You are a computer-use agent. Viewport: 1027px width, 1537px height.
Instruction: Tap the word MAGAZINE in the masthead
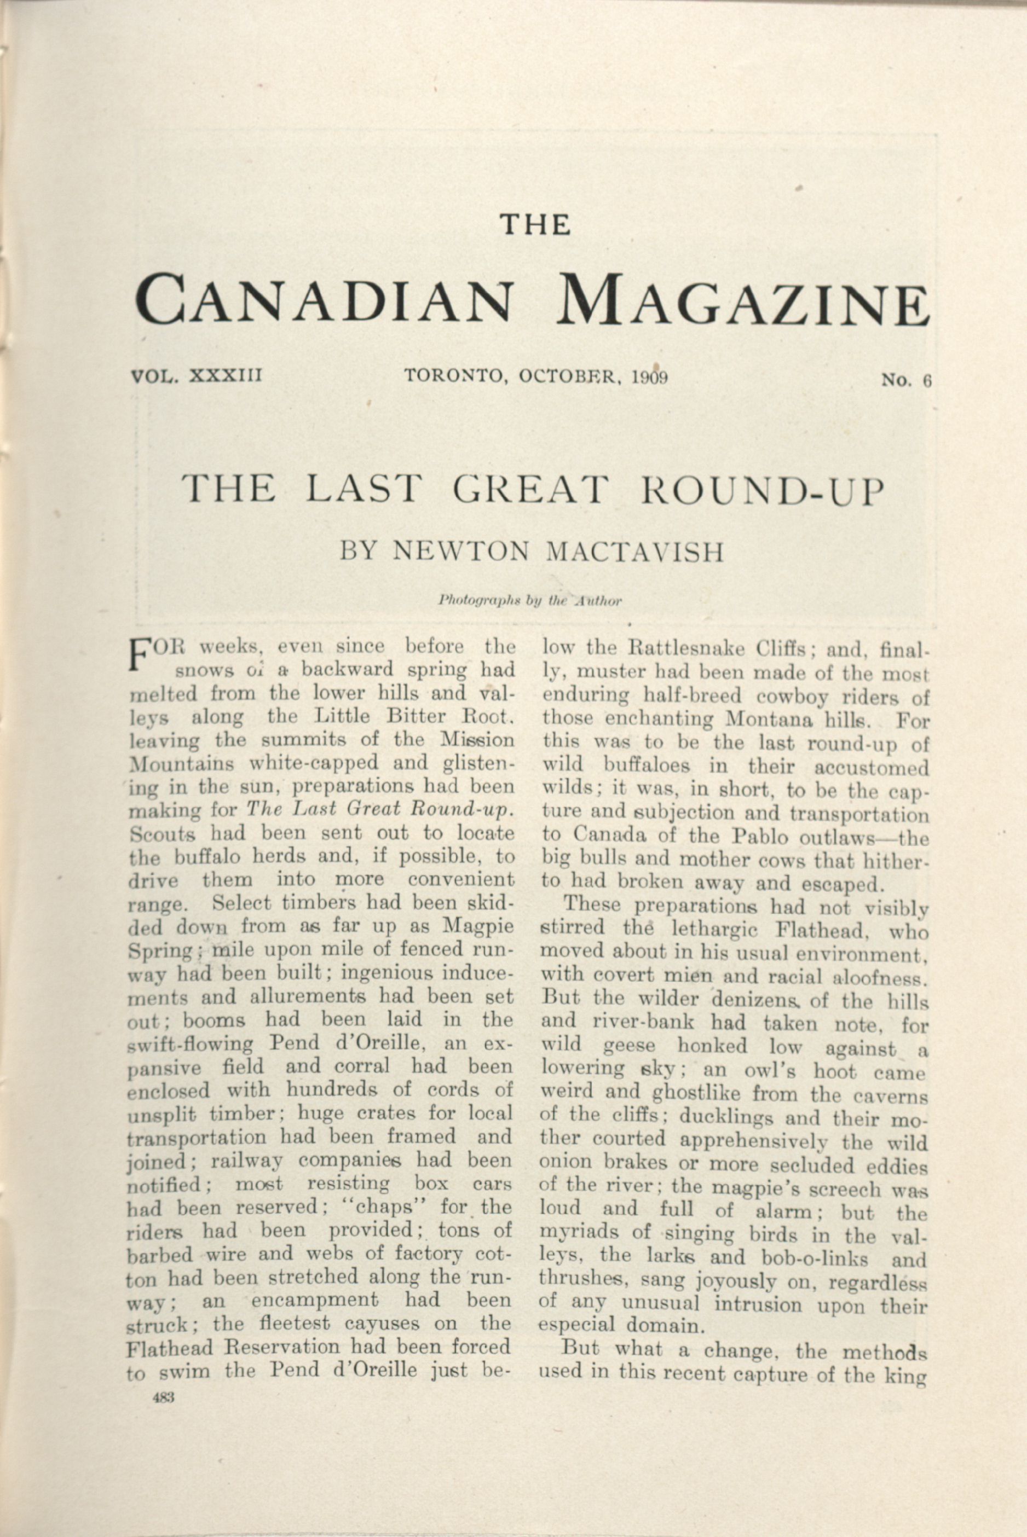747,301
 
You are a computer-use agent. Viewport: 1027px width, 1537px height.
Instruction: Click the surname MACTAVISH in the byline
634,552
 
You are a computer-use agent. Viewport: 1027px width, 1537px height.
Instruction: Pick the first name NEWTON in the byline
460,552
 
